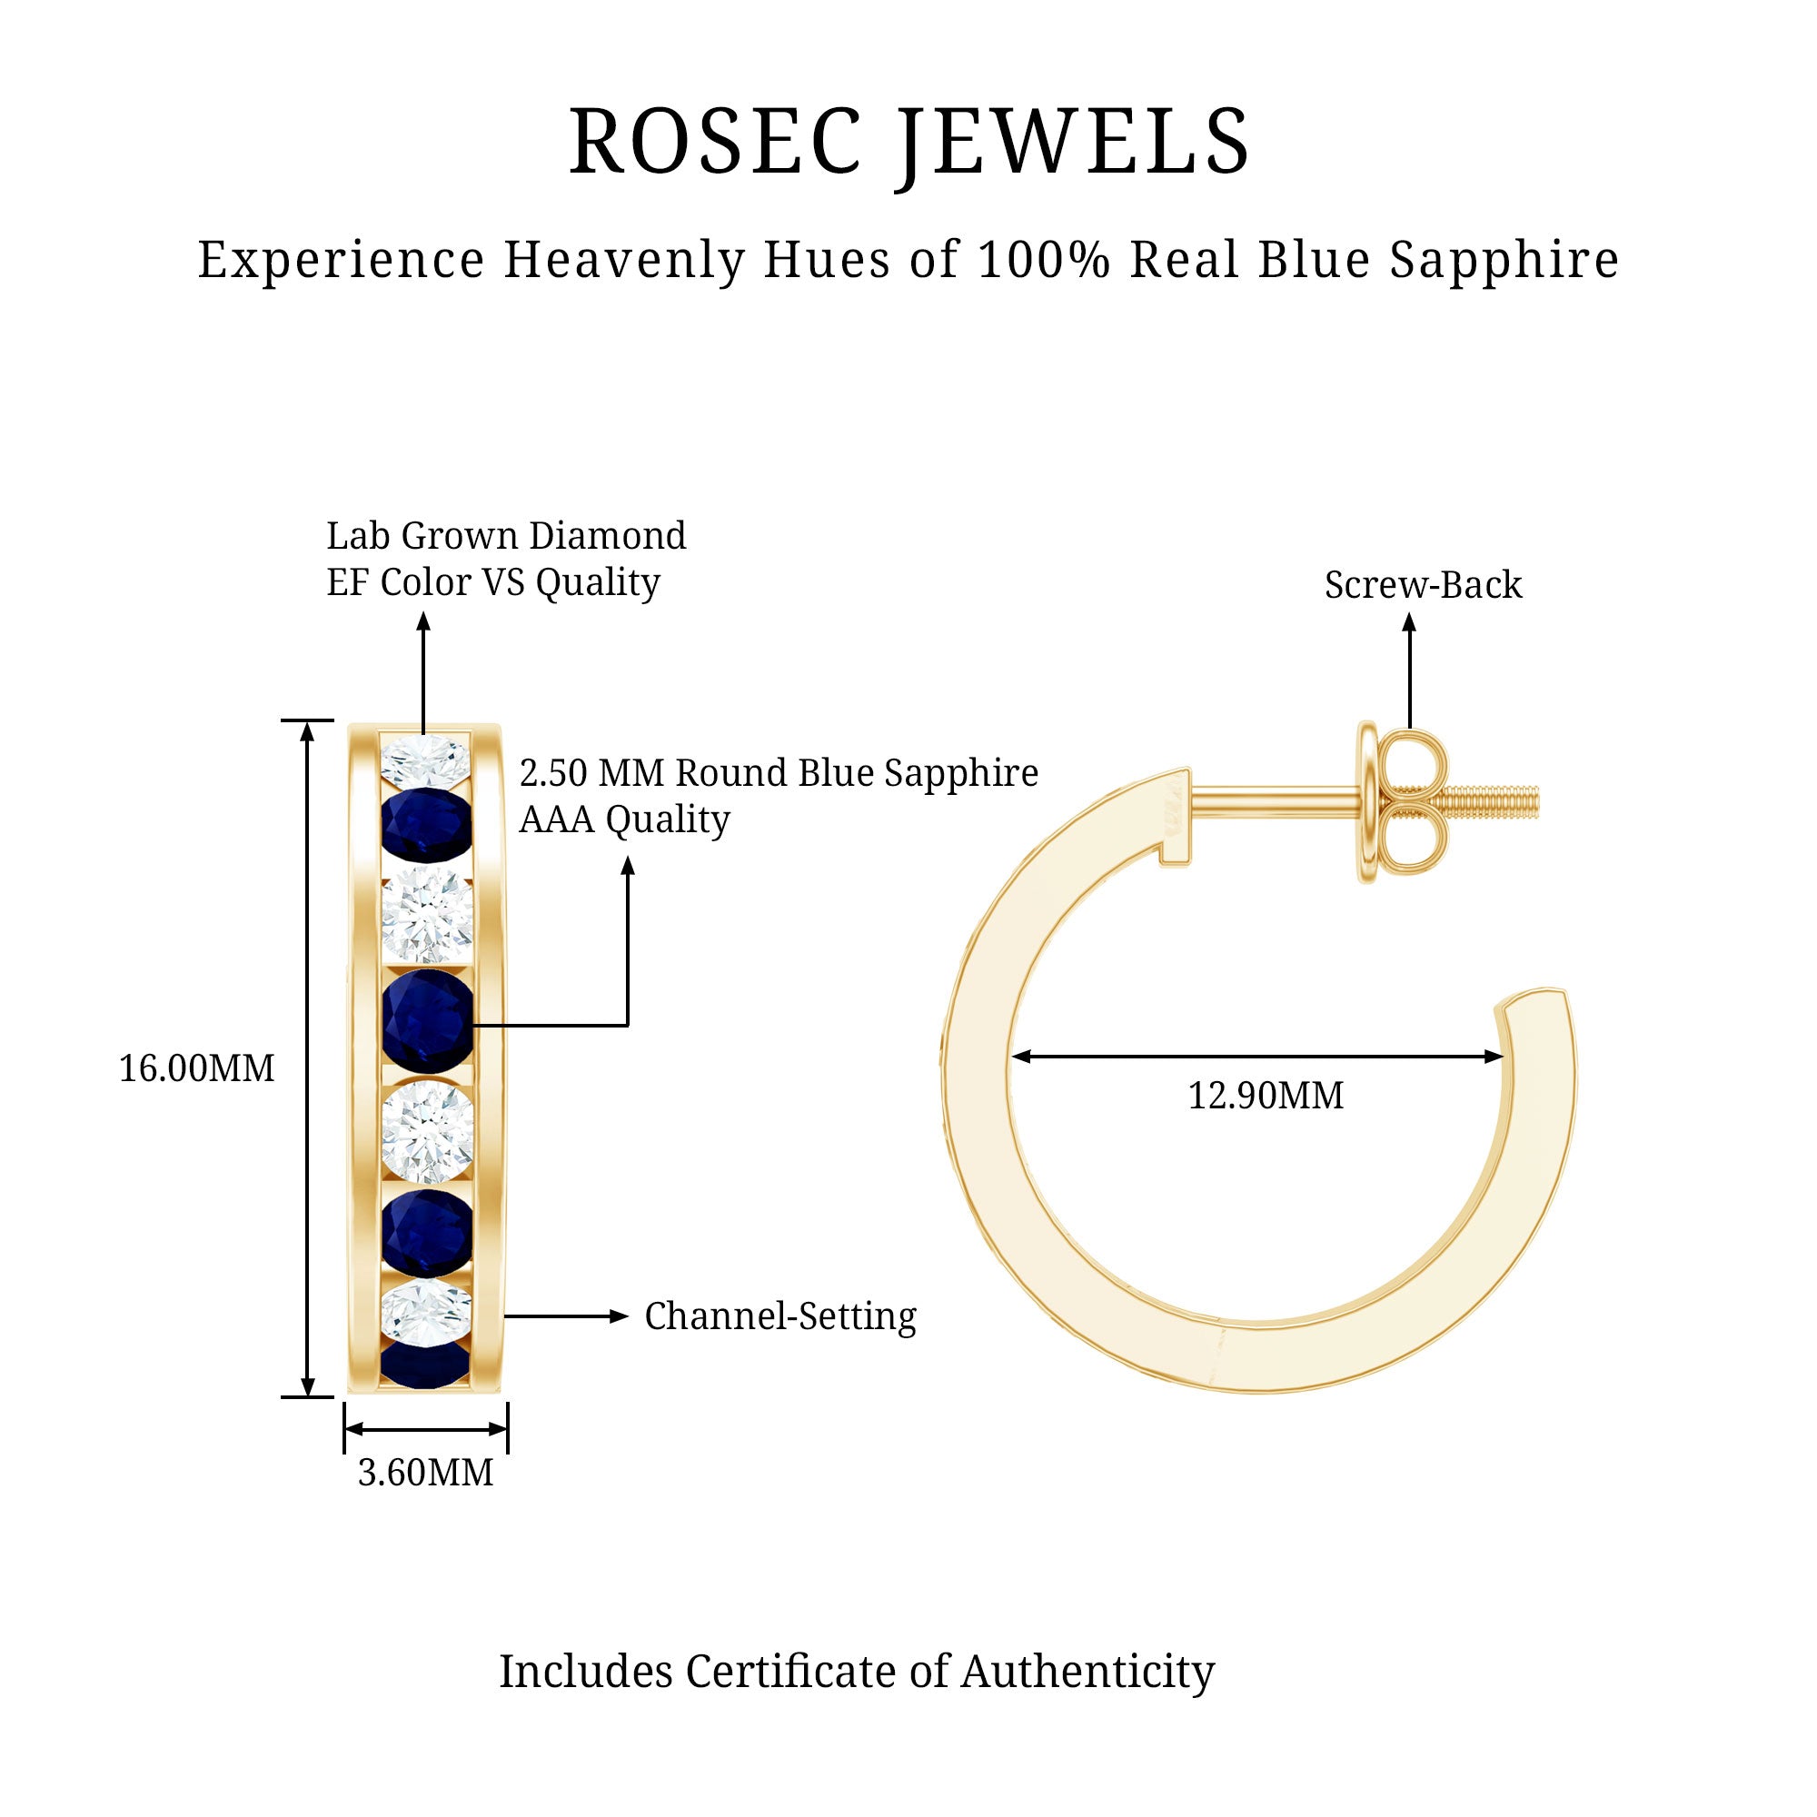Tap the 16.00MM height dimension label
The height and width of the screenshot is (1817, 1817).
click(196, 1069)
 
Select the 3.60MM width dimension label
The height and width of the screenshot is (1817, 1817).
click(425, 1473)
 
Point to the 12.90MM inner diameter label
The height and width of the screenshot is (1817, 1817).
click(1265, 1097)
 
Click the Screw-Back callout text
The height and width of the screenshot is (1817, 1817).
click(1422, 585)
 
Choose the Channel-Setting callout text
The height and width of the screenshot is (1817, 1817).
click(779, 1316)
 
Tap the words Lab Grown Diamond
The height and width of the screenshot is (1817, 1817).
click(506, 536)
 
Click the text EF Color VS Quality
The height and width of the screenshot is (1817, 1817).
click(492, 583)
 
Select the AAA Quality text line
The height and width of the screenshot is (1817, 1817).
click(624, 820)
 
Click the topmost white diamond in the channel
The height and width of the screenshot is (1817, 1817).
click(425, 760)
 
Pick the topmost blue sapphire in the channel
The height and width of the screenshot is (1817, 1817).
click(426, 823)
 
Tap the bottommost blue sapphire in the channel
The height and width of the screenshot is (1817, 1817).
click(425, 1365)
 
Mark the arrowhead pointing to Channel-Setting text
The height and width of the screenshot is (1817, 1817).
click(619, 1316)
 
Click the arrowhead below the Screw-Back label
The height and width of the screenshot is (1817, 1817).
click(1409, 622)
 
